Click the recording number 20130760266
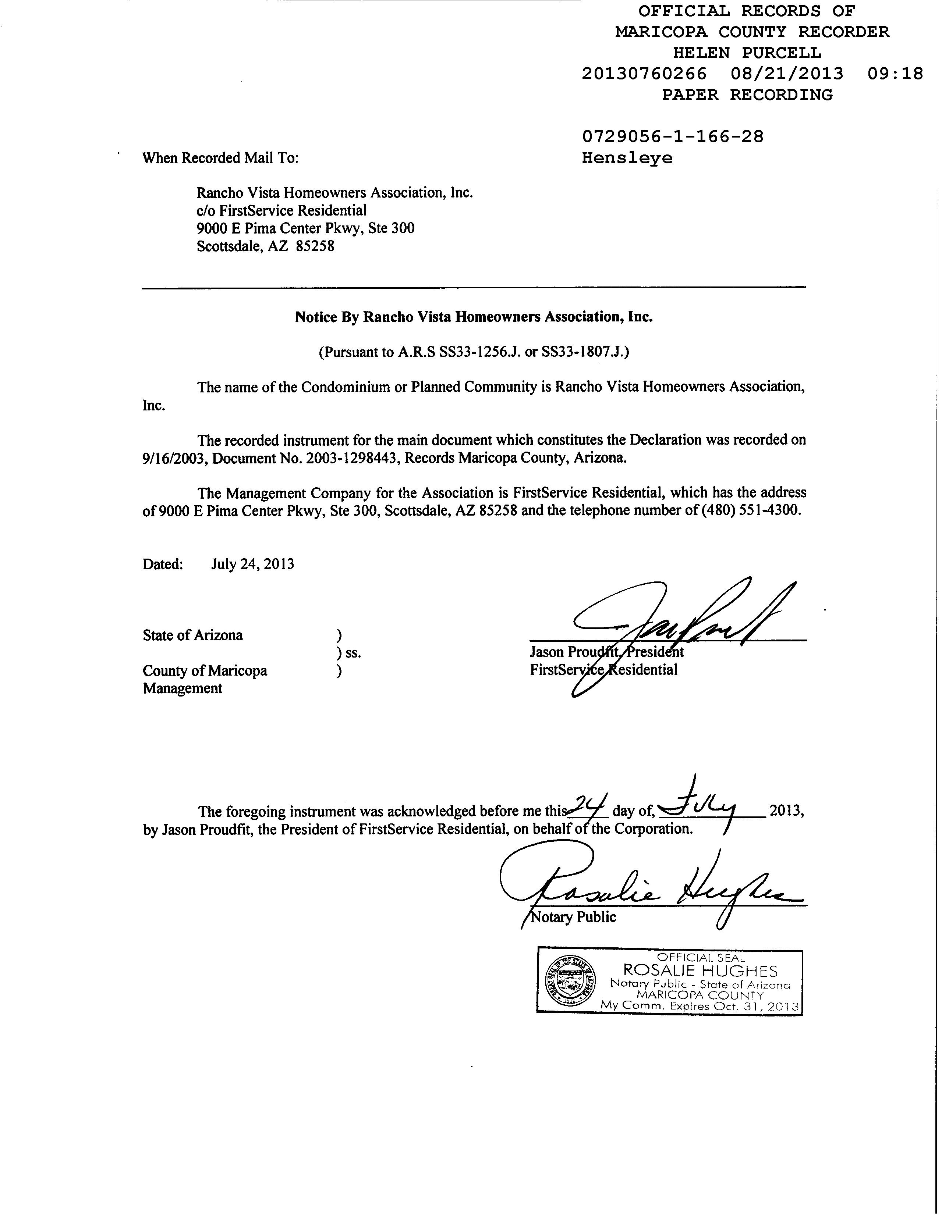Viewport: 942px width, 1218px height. click(x=644, y=74)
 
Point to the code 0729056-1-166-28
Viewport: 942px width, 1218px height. click(x=672, y=137)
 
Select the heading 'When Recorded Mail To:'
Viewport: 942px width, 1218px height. click(x=220, y=159)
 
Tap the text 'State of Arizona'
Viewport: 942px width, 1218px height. click(x=192, y=635)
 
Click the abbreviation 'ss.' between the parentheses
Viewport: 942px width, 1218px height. click(x=353, y=653)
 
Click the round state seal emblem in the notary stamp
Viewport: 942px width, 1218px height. click(x=569, y=980)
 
